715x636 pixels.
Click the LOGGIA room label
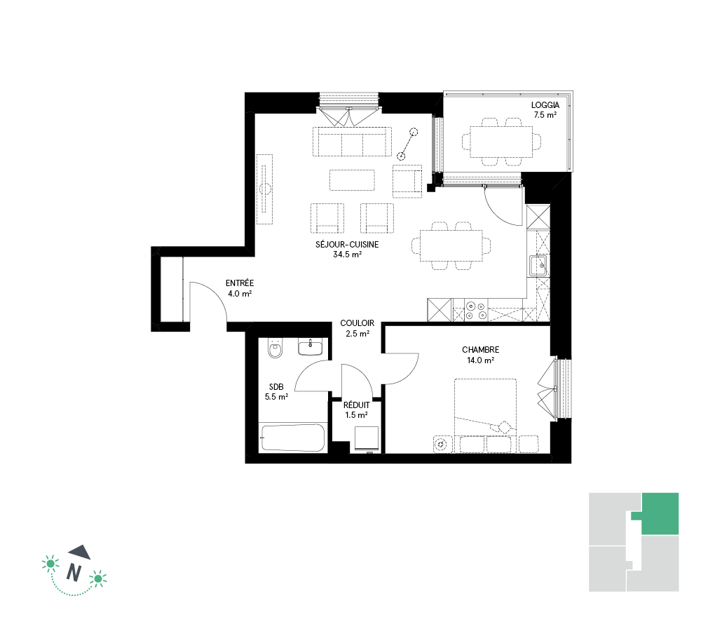(x=545, y=105)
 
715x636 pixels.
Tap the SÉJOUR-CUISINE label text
(x=347, y=245)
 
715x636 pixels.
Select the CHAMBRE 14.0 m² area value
(x=481, y=360)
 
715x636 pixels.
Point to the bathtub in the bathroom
(x=293, y=438)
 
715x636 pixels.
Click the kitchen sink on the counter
(x=538, y=266)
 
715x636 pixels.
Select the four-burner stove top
(x=475, y=310)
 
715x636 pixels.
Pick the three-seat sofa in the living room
(x=352, y=142)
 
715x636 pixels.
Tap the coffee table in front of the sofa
(x=352, y=180)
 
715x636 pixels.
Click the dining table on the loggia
(x=501, y=142)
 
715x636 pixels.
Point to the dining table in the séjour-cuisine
(x=451, y=245)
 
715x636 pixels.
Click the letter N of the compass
(x=74, y=571)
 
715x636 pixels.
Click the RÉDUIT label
(x=357, y=405)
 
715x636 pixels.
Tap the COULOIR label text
(x=357, y=323)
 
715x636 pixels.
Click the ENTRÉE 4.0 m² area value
(x=240, y=294)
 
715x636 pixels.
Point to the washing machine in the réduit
(x=367, y=439)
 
